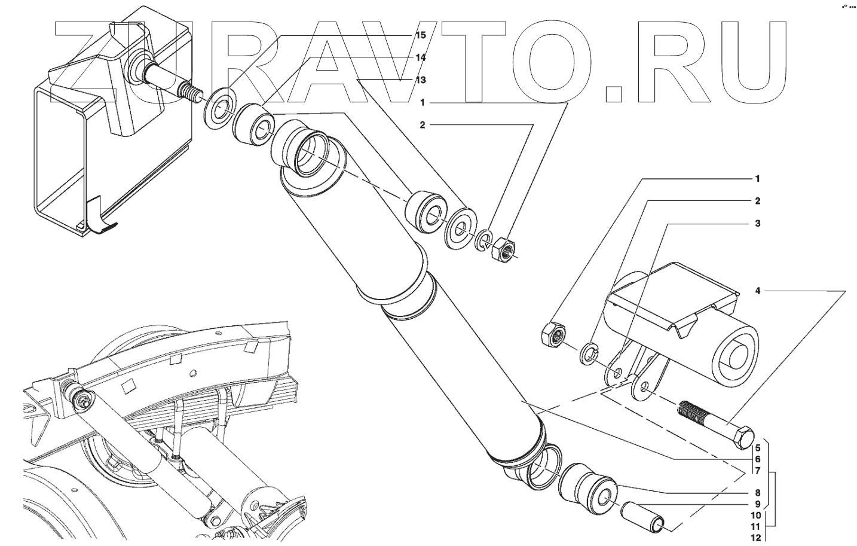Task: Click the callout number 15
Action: (421, 35)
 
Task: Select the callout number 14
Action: (421, 57)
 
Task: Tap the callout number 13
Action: (421, 80)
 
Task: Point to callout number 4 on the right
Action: (757, 291)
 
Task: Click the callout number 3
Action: (757, 224)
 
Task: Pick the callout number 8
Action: (757, 493)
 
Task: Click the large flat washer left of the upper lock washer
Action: (460, 227)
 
